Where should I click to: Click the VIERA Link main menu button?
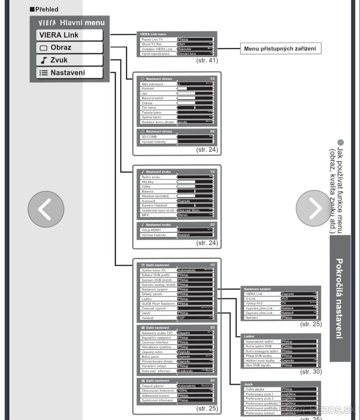pyautogui.click(x=70, y=35)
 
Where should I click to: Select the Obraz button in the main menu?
pyautogui.click(x=70, y=48)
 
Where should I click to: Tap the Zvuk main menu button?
pyautogui.click(x=70, y=60)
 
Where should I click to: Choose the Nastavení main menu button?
pyautogui.click(x=70, y=73)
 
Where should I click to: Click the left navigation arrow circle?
pyautogui.click(x=46, y=209)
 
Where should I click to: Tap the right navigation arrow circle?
pyautogui.click(x=314, y=209)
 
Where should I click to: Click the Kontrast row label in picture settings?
pyautogui.click(x=148, y=89)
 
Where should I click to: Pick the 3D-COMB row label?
pyautogui.click(x=149, y=137)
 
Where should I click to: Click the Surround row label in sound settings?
pyautogui.click(x=149, y=201)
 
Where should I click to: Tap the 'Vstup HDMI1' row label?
pyautogui.click(x=151, y=230)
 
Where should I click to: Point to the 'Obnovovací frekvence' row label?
pyautogui.click(x=157, y=391)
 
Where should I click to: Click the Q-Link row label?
pyautogui.click(x=252, y=299)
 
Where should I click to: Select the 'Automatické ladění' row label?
pyautogui.click(x=259, y=341)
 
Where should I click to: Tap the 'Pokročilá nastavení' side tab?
pyautogui.click(x=339, y=298)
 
